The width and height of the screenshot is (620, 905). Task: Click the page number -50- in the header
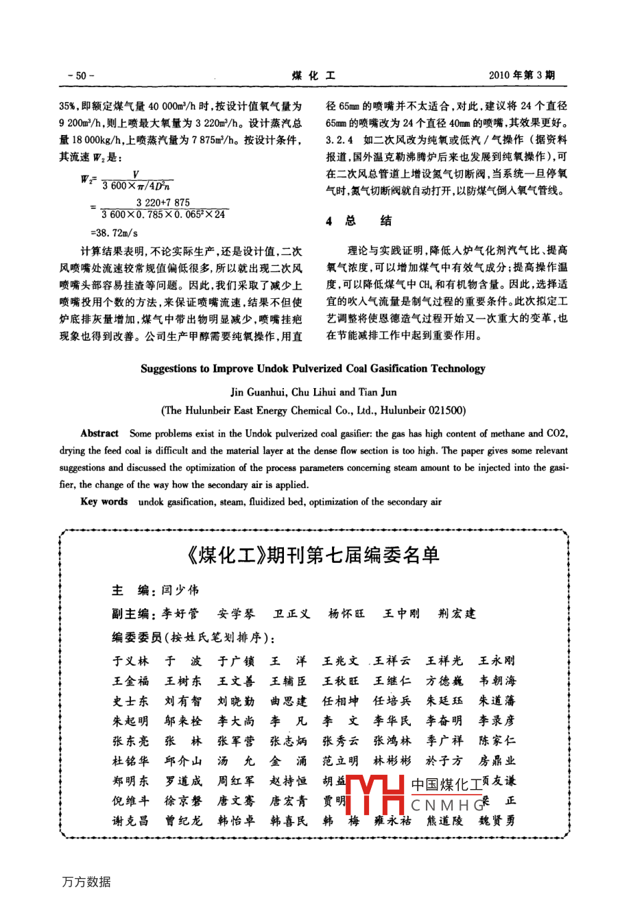click(x=81, y=75)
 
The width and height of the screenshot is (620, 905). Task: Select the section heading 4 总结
click(x=358, y=221)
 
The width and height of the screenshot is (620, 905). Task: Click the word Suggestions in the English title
click(x=169, y=369)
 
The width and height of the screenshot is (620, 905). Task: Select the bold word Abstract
click(x=99, y=433)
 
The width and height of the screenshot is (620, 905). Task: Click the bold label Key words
click(x=104, y=502)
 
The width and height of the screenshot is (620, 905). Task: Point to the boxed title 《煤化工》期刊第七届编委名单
click(x=313, y=555)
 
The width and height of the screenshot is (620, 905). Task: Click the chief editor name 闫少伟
click(x=180, y=590)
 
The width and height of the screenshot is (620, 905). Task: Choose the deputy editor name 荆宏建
click(x=457, y=614)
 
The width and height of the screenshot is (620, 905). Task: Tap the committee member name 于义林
click(x=130, y=661)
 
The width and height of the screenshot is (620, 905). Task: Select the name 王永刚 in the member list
click(x=497, y=661)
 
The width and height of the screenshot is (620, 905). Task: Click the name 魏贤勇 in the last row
click(x=497, y=821)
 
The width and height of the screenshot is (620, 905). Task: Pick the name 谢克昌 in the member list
click(x=130, y=821)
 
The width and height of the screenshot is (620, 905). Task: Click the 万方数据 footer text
click(x=86, y=882)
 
